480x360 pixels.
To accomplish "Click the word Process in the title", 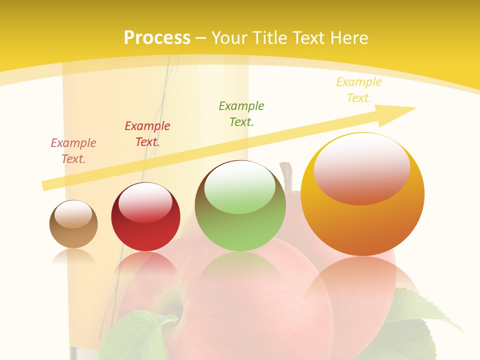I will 157,38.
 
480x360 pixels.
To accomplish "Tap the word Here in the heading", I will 348,38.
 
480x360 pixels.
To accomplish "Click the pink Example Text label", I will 73,151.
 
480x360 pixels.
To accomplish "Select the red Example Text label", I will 147,134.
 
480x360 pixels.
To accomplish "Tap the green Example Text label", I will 241,113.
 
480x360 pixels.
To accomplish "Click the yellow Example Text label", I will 359,90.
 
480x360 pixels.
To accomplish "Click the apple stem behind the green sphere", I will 287,175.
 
